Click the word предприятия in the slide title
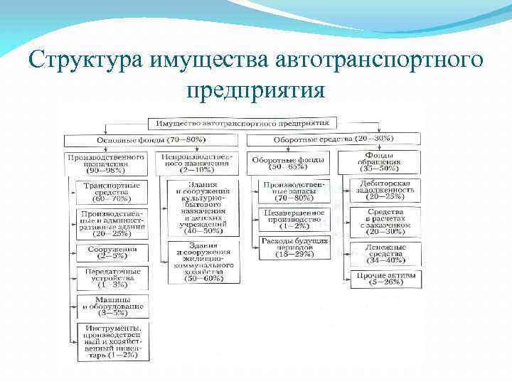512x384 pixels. (255, 91)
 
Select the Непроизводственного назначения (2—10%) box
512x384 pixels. (196, 163)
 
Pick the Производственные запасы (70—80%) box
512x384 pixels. (294, 193)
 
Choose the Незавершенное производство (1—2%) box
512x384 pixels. (294, 220)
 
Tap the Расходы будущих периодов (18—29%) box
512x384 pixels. (294, 246)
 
